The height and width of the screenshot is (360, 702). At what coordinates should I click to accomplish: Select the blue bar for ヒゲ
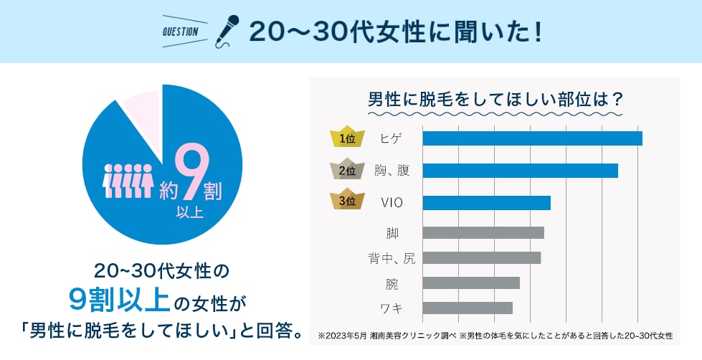[x=532, y=138]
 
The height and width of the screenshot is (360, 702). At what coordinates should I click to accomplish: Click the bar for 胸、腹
[x=520, y=171]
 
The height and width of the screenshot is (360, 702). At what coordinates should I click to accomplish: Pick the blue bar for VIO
[x=486, y=203]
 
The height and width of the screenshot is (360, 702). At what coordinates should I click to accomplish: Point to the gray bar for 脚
[x=483, y=232]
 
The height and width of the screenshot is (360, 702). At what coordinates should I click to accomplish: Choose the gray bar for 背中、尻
[x=481, y=257]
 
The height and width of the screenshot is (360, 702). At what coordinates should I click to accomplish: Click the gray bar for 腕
[x=471, y=283]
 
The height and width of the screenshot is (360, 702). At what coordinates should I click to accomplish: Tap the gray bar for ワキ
[x=468, y=308]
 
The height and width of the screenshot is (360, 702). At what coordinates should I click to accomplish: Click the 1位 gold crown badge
[x=347, y=138]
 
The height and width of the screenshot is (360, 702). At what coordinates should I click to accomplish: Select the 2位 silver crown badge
[x=347, y=170]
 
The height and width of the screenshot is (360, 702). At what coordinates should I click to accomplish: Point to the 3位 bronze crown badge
[x=347, y=202]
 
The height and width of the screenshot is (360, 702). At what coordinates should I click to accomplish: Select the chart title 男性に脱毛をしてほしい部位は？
[x=494, y=98]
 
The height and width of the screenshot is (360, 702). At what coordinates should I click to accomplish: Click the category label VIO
[x=392, y=203]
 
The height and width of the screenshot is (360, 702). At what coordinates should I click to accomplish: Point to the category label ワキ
[x=392, y=308]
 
